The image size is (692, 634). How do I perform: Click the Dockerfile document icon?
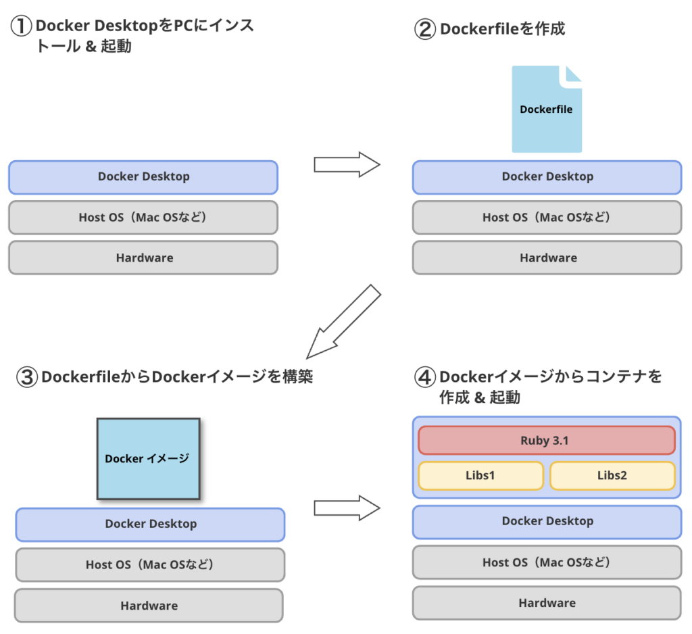(546, 109)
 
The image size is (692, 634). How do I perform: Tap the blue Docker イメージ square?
(148, 458)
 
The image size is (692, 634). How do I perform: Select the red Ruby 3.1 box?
(546, 440)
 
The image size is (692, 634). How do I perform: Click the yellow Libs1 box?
(480, 475)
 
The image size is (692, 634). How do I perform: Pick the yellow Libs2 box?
(612, 475)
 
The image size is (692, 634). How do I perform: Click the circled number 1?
(21, 26)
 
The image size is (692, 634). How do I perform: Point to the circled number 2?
(425, 29)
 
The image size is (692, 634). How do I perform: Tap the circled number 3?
(26, 376)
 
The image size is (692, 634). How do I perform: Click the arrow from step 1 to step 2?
(347, 164)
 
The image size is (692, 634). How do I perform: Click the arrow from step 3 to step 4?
(347, 508)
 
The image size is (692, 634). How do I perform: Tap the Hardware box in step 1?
(143, 258)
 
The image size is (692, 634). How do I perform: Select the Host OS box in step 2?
(547, 217)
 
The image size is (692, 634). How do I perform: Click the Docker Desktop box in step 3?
(150, 525)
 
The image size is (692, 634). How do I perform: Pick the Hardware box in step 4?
(547, 603)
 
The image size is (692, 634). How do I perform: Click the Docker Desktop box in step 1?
(143, 177)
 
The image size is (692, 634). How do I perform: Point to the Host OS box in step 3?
(149, 564)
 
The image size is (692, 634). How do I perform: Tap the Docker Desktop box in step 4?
(547, 521)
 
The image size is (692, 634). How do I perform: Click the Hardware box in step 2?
(547, 258)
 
